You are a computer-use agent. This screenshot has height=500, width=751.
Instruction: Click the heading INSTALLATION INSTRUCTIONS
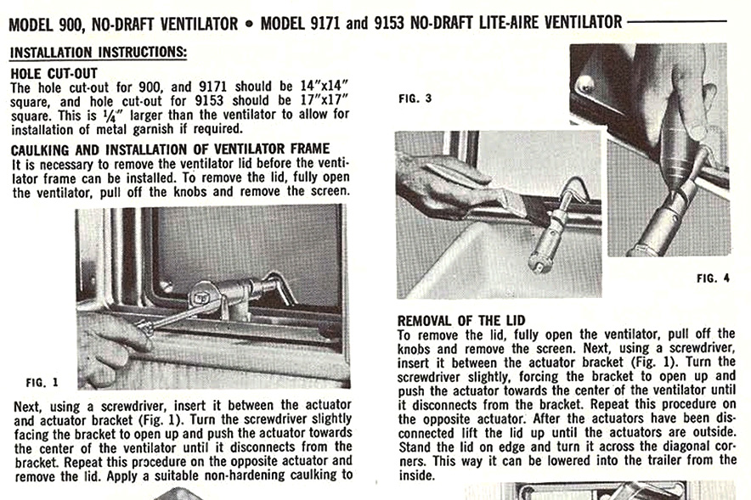tap(98, 53)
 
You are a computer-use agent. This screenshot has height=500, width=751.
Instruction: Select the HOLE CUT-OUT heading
tap(54, 73)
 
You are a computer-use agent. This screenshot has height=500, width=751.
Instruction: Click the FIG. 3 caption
tap(415, 98)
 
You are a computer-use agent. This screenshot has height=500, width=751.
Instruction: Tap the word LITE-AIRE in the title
tap(507, 23)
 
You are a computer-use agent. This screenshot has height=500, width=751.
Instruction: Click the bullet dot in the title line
tap(249, 23)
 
